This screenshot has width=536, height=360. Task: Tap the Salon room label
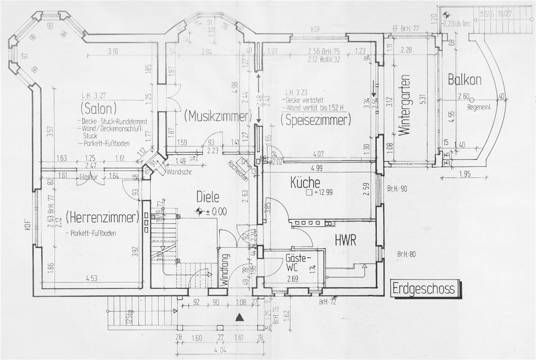(98, 109)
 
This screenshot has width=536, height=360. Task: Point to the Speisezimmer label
(316, 120)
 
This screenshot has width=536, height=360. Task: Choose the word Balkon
(464, 80)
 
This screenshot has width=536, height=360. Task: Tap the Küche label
(305, 182)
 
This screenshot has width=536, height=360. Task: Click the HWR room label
(346, 240)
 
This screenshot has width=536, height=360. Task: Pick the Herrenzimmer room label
(103, 217)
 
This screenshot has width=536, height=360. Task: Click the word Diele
(208, 197)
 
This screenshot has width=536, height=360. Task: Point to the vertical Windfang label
(224, 270)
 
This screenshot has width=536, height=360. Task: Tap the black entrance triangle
(240, 317)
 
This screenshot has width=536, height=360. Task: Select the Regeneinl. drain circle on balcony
(472, 99)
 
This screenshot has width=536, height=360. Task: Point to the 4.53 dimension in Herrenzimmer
(91, 278)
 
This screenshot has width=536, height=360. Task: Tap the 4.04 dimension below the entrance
(219, 350)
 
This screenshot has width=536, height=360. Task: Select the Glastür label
(88, 177)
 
